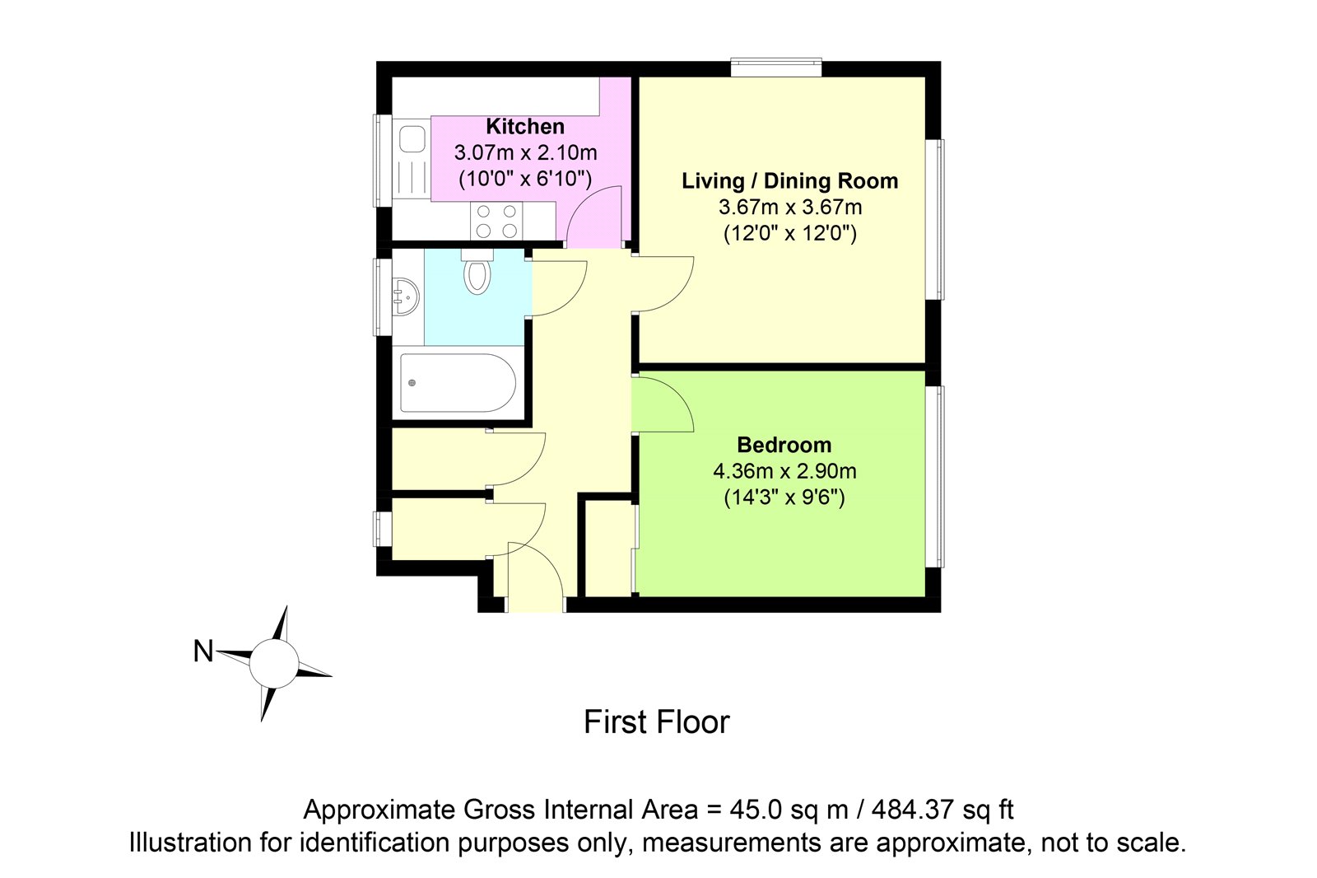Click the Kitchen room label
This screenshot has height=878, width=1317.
point(525,127)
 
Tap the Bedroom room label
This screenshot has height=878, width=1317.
point(784,445)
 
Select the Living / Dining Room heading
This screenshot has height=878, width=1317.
point(789,180)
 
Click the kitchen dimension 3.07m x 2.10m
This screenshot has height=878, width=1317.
point(525,153)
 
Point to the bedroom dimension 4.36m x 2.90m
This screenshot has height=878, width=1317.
point(784,471)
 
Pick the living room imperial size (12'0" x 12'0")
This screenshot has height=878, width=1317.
point(789,234)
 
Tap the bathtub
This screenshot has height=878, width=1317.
point(458,382)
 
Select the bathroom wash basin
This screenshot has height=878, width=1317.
point(407,297)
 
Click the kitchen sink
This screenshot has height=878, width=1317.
point(412,159)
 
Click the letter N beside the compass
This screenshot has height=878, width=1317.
point(203,652)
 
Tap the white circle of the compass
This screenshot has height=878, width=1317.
point(273,663)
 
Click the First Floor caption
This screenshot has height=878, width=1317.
point(657,722)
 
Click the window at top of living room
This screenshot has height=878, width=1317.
point(776,68)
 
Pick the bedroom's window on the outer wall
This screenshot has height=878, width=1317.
point(935,476)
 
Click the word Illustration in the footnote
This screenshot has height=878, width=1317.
point(189,843)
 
